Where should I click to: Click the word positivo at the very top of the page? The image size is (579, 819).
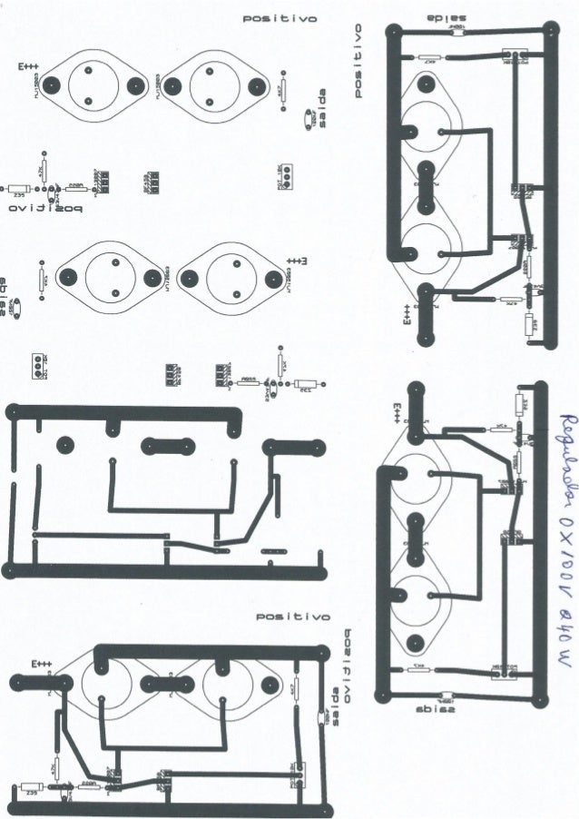[278, 19]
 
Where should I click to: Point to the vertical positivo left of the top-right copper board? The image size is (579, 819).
[359, 60]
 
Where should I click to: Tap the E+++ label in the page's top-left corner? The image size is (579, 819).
[27, 68]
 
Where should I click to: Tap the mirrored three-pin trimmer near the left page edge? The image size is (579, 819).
[35, 364]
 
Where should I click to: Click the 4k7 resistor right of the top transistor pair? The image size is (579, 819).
[280, 90]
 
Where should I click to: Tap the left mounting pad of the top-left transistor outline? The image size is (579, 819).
[52, 85]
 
